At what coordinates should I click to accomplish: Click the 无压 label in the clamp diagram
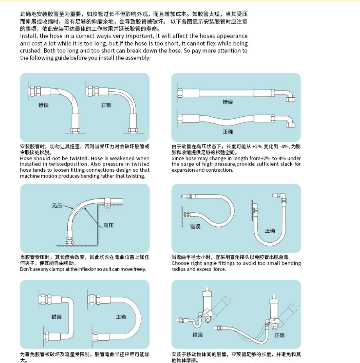point(57,206)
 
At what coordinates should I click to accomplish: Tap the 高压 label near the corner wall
point(108,225)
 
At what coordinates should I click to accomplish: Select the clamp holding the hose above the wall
point(107,204)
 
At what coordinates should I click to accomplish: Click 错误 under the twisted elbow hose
point(44,105)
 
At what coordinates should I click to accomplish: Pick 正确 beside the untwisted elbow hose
point(106,105)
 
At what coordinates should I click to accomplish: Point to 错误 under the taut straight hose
point(228,102)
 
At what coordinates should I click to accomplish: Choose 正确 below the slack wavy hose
point(228,132)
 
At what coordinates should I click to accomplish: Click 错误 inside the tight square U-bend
point(56,317)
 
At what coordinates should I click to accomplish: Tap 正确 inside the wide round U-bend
point(121,317)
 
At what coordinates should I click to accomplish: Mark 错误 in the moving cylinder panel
point(198,335)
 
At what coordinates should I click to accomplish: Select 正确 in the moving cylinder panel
point(279,335)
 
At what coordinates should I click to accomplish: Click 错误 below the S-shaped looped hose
point(195,226)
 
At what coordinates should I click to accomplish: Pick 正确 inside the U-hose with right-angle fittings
point(270,231)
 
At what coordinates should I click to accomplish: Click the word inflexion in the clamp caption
point(87,269)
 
